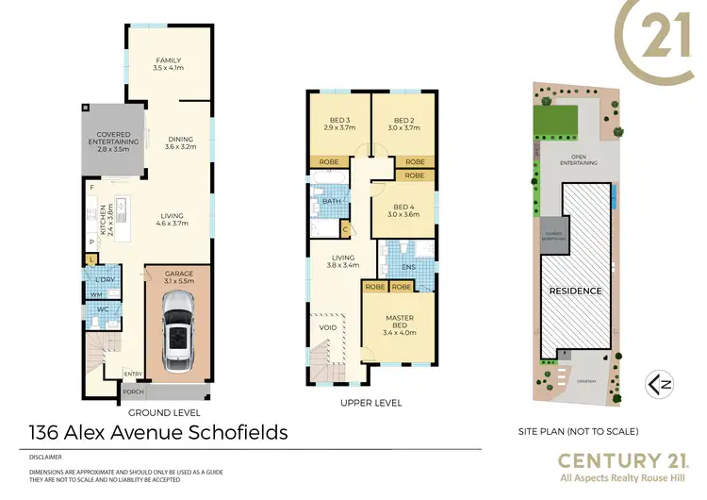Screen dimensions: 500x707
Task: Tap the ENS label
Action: [x=408, y=266]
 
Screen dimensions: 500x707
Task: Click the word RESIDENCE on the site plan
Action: [x=576, y=291]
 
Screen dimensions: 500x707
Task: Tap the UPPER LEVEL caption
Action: [x=370, y=403]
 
